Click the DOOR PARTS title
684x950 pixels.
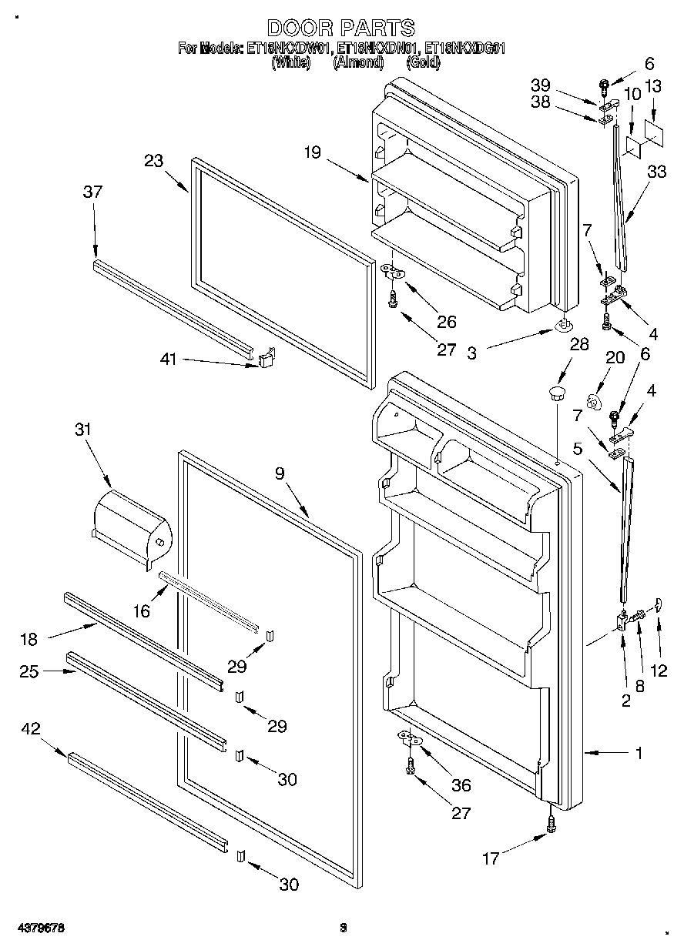tap(341, 29)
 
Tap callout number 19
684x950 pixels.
tap(311, 152)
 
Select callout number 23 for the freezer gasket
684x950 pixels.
tap(154, 161)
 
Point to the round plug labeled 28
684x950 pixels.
tap(555, 395)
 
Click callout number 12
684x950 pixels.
tap(659, 671)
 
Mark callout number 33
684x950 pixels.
tap(656, 172)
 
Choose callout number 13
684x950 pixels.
tap(653, 88)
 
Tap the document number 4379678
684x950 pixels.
tap(38, 928)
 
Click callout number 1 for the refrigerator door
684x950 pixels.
tap(639, 753)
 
